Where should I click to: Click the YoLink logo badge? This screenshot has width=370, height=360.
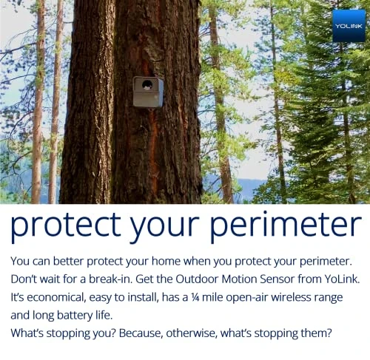click(349, 25)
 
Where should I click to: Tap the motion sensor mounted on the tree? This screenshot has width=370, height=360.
click(148, 92)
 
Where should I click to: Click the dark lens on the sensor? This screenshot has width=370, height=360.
click(147, 85)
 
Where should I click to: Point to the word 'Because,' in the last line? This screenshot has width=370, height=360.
click(147, 333)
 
